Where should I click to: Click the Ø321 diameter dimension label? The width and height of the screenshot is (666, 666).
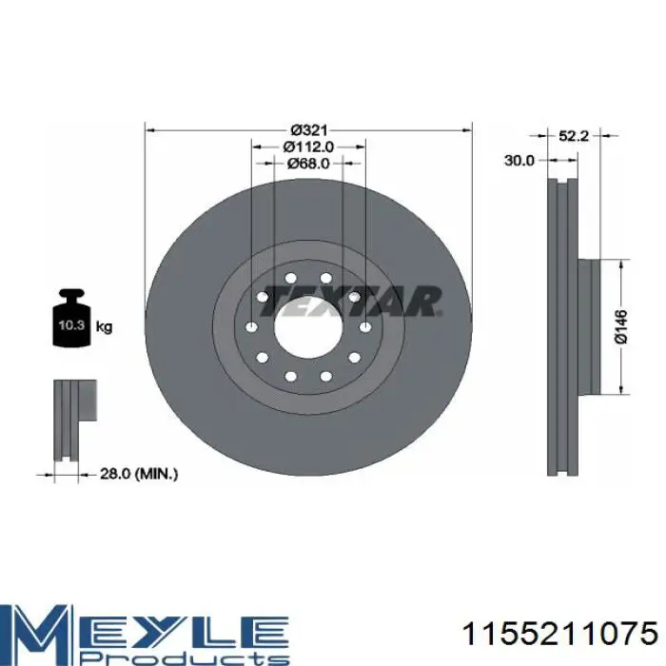click(309, 129)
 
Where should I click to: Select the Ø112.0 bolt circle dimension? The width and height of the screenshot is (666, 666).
click(309, 147)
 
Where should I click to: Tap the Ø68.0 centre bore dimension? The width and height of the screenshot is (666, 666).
click(309, 163)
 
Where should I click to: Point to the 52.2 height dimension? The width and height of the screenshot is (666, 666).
click(574, 136)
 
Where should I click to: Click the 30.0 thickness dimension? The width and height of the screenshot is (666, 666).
click(519, 161)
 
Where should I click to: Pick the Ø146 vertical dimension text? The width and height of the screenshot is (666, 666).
click(620, 326)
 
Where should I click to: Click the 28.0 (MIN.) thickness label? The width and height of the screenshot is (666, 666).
click(139, 474)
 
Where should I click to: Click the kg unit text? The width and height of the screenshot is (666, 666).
click(104, 326)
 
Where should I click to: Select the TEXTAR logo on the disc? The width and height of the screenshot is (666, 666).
click(350, 301)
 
